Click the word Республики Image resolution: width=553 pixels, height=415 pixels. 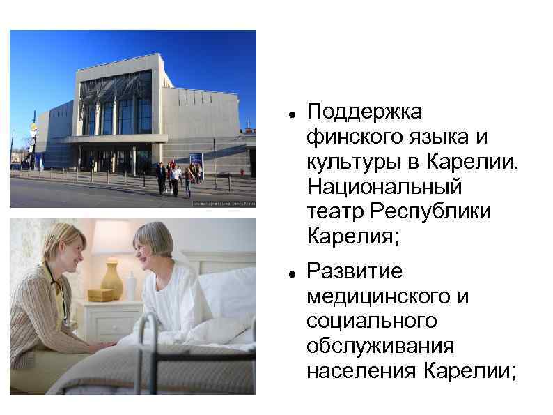coord(431,211)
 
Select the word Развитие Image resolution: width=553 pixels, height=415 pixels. coord(355,271)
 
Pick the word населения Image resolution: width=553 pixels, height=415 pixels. coord(361,371)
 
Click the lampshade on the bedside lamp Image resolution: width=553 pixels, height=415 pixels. coord(111,238)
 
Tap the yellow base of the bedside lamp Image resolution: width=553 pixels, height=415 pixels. coord(111,278)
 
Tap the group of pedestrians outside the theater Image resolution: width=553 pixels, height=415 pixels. coord(178,177)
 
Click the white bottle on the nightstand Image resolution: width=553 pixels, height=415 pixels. coord(131,286)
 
